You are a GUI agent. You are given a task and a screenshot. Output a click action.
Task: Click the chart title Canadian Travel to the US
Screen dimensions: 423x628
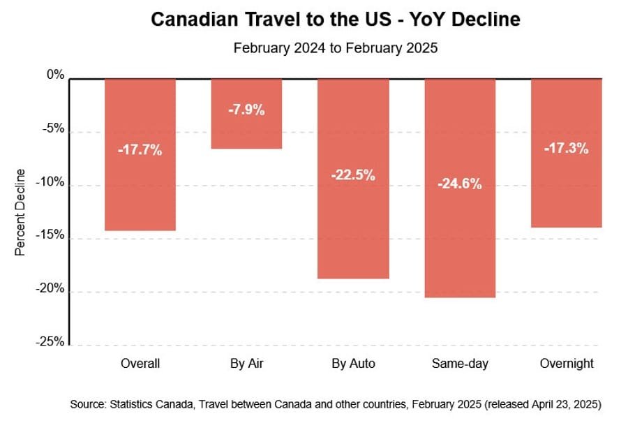(335, 20)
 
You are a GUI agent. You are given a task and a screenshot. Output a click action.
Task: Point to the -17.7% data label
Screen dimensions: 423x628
(140, 149)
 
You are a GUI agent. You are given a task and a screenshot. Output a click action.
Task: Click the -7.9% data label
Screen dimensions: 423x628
(246, 110)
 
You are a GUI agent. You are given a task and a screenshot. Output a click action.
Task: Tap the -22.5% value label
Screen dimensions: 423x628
(353, 175)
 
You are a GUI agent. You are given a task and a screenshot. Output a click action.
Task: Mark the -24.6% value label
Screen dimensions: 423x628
(460, 184)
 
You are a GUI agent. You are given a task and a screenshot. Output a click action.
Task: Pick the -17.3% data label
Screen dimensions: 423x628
(566, 148)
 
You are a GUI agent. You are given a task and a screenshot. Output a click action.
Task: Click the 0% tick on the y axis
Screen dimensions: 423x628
(56, 75)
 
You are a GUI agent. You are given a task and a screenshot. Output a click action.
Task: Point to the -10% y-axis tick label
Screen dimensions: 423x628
(51, 182)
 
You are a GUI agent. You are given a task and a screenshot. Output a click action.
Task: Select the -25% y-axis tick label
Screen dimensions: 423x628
(51, 342)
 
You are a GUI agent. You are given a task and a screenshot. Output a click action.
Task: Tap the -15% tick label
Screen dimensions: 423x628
(51, 235)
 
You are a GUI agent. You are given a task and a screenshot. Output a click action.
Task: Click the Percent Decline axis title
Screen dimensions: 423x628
(20, 211)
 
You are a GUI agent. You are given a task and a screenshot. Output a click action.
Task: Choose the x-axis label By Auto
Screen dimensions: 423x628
(353, 364)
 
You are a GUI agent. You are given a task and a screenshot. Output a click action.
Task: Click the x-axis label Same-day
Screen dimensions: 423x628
(460, 364)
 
